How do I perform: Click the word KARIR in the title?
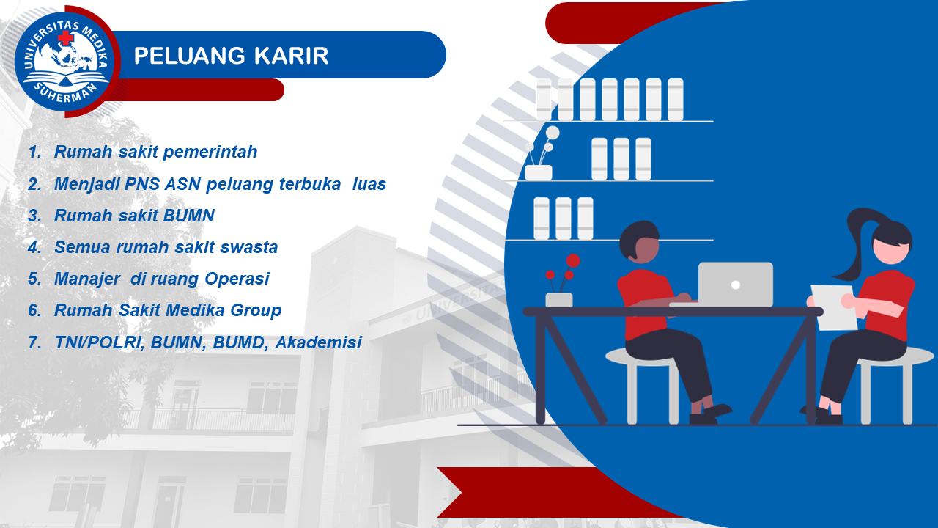pos(291,56)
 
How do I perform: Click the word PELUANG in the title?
pos(190,56)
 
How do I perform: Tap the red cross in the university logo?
pos(65,38)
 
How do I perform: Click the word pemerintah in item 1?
pos(210,152)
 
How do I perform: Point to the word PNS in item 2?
pos(141,184)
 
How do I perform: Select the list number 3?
pos(34,216)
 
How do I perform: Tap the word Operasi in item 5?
pos(237,279)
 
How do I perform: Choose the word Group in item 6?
pos(256,311)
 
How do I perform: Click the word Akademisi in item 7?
pos(318,342)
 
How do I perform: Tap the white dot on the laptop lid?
pos(735,285)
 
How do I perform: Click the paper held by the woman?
pos(833,307)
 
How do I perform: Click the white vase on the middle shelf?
pos(538,172)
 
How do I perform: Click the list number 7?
pos(34,342)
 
